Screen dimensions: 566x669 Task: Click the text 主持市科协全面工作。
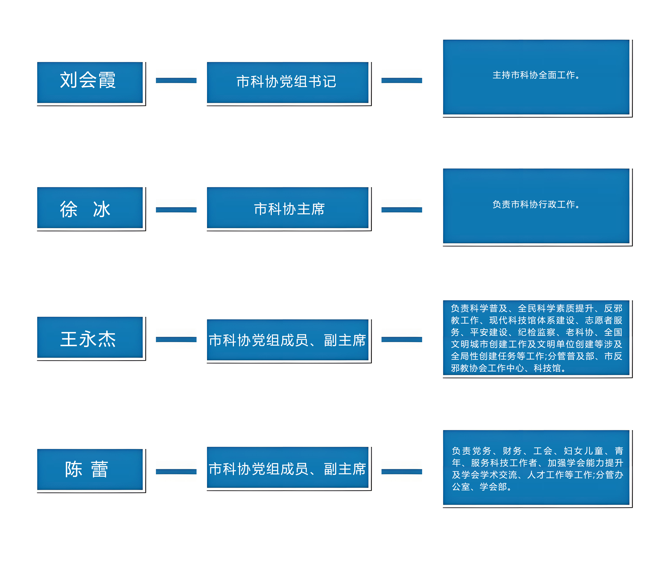536,75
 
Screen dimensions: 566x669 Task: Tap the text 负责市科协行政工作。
536,204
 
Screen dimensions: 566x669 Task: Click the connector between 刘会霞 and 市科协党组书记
176,80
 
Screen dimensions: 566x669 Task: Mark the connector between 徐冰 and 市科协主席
176,210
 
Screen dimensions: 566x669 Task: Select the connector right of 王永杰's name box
176,339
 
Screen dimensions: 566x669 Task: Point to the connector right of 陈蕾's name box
176,471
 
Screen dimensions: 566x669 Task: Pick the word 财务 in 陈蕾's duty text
512,451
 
